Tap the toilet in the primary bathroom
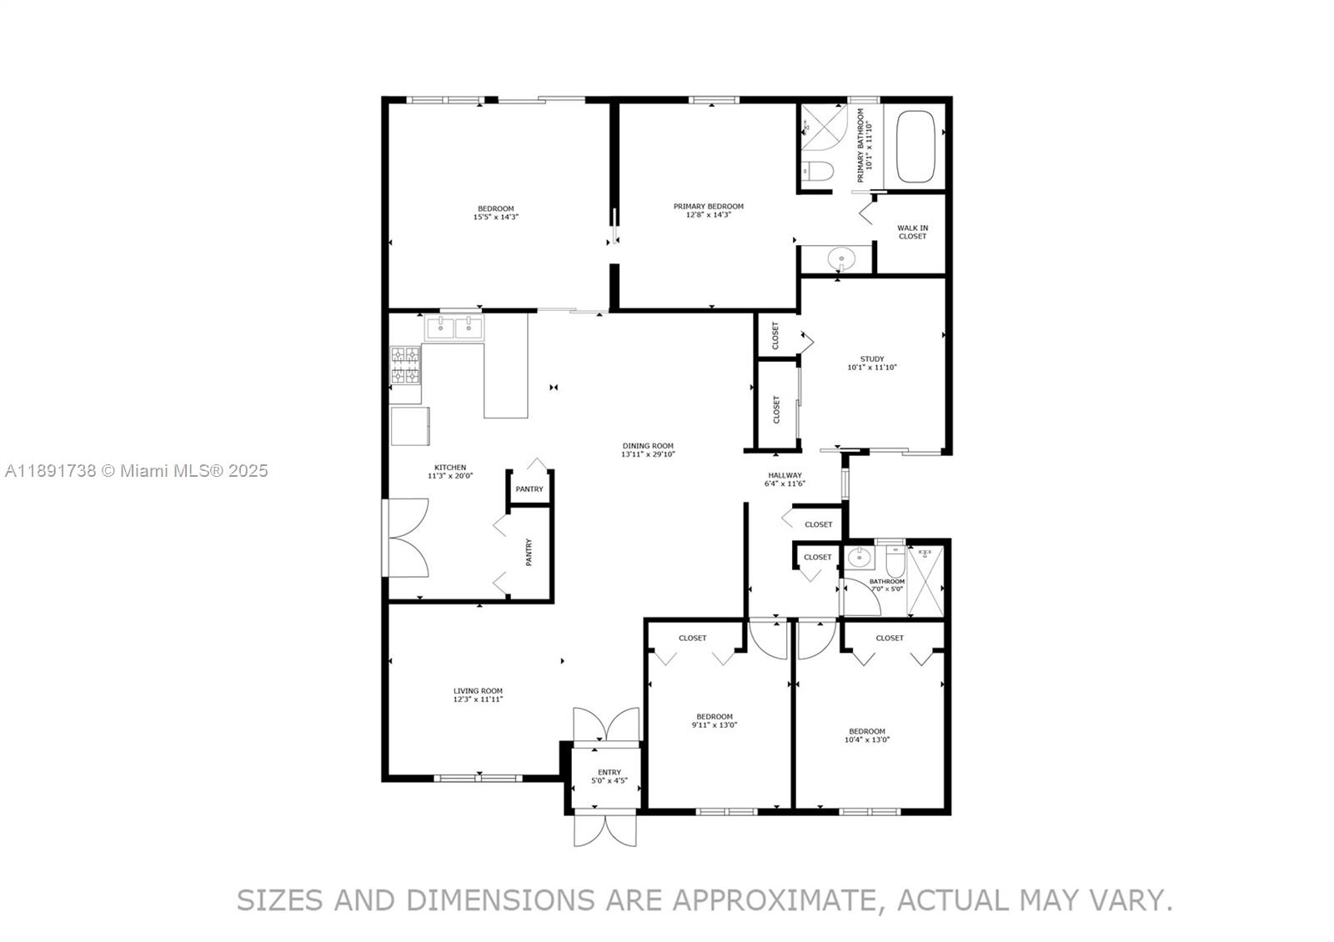(x=818, y=172)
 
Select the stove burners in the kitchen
(x=406, y=365)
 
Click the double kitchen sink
(x=454, y=327)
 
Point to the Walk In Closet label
(x=912, y=232)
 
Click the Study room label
(x=871, y=363)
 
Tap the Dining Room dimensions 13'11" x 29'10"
(x=648, y=455)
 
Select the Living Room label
(x=478, y=694)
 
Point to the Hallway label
(x=785, y=479)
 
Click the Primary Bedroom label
(x=709, y=210)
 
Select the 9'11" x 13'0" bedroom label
(x=715, y=720)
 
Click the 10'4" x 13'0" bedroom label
(x=867, y=735)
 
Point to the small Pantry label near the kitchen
(x=529, y=489)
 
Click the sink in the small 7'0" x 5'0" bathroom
(x=858, y=557)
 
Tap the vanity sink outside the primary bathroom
(x=840, y=259)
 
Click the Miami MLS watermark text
(x=137, y=471)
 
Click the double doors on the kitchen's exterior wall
(x=407, y=538)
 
